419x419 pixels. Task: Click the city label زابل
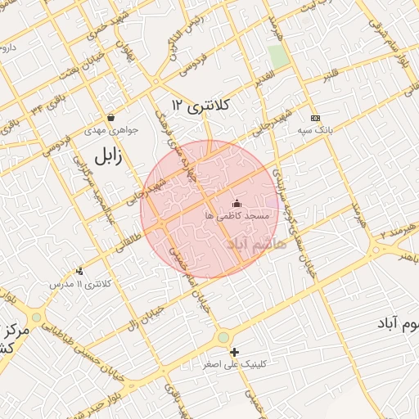107,156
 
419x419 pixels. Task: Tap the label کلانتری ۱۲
202,106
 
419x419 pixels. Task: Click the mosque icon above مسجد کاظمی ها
237,202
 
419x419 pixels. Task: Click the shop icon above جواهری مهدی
110,118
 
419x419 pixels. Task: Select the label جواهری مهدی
110,130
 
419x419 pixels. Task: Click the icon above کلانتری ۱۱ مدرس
79,271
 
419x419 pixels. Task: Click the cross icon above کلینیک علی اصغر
236,351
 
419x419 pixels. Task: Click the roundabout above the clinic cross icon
223,337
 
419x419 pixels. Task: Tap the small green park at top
278,56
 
